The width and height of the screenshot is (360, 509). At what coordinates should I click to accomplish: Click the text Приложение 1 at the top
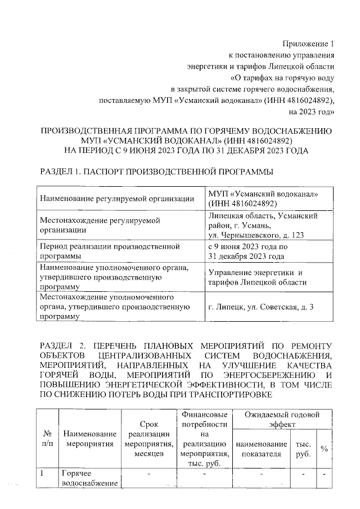308,44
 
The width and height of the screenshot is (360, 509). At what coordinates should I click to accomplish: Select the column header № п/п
47,439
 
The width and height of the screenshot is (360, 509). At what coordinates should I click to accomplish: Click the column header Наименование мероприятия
90,439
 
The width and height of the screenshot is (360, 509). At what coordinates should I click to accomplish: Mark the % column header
323,448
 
